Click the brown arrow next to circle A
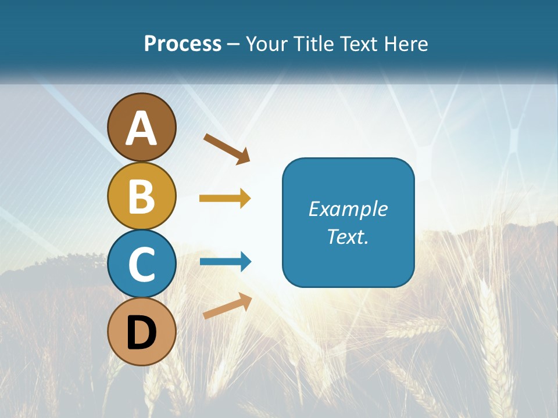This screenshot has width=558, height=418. tap(227, 149)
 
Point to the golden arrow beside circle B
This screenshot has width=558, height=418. tap(225, 199)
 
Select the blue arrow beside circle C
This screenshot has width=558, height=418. tap(226, 262)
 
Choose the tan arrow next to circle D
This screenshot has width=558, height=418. tap(227, 306)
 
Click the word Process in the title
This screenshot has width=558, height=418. tap(183, 44)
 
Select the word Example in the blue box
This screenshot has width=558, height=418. tap(348, 209)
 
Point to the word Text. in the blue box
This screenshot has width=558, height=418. tap(348, 236)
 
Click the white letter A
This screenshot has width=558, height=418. tap(142, 129)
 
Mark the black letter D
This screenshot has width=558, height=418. tap(142, 333)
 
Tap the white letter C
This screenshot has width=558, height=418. tap(142, 264)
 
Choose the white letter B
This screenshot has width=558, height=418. tap(142, 196)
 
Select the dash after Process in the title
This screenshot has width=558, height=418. tap(234, 44)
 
